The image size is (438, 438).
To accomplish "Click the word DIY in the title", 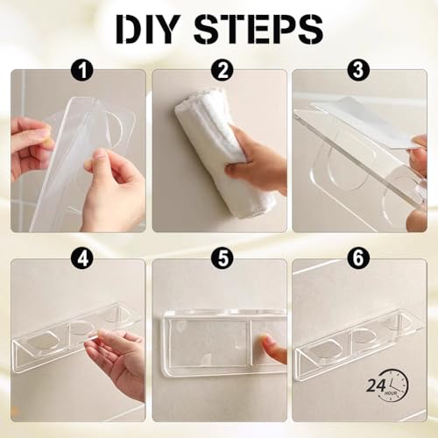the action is tap(147, 29).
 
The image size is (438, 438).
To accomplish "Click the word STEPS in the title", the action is tap(258, 29).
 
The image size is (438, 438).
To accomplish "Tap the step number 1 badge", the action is tap(82, 70).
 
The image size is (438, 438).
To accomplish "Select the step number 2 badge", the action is tap(223, 70).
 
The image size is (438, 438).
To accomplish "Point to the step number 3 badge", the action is tap(358, 70).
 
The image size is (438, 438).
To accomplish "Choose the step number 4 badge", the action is tap(82, 258).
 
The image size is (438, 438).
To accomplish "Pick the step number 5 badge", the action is tap(223, 258).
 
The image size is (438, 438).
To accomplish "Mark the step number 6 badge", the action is tap(358, 258).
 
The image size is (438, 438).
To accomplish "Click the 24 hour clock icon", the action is tap(387, 386).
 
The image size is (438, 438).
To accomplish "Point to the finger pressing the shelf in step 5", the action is tap(274, 349).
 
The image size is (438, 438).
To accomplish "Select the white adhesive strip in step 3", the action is tap(370, 121).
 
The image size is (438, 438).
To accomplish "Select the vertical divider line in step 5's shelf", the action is tap(251, 343).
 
